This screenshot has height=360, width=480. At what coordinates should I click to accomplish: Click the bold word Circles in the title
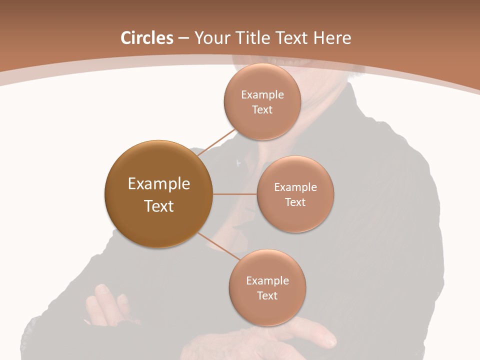coord(147,38)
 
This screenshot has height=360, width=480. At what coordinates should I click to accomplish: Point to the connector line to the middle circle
coord(234,194)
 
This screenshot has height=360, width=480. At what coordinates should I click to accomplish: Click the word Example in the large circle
coord(159,184)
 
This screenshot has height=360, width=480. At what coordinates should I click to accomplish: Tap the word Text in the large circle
coord(159,206)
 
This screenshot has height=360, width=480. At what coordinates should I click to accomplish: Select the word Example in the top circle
coord(262,95)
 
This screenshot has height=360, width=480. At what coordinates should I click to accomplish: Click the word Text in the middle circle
coord(295,202)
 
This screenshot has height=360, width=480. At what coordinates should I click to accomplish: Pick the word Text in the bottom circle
coord(267,296)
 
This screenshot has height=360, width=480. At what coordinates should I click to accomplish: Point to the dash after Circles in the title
coord(183,38)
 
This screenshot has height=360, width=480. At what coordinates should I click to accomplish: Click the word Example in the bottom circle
coord(267,281)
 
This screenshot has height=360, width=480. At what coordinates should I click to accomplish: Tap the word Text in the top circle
coord(262,110)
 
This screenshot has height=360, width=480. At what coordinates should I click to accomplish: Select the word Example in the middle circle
coord(295,187)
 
